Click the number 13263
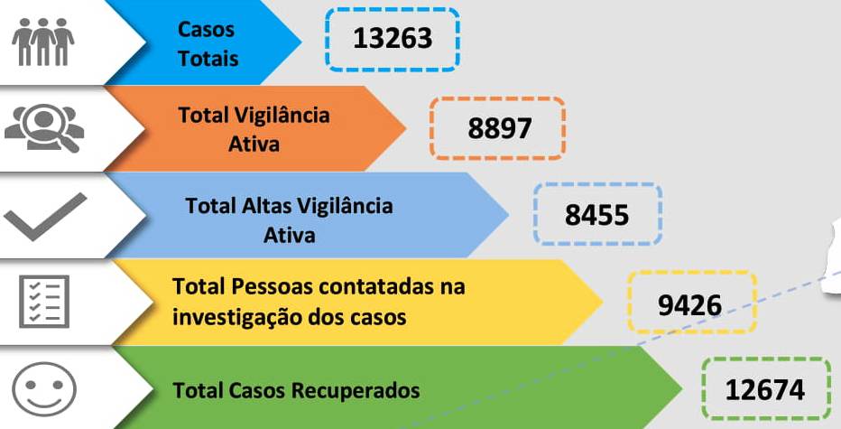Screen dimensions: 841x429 393,39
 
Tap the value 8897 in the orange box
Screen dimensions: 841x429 500,129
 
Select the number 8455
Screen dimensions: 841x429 597,215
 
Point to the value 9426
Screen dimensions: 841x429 690,305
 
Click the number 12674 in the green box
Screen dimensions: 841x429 765,390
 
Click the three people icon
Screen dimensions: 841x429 43,42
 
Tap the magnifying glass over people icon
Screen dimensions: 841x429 44,127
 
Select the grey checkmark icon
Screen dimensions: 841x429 45,217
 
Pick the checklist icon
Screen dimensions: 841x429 44,302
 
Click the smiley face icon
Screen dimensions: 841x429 44,388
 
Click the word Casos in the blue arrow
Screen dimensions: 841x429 206,29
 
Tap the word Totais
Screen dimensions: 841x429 208,58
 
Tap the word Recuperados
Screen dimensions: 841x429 356,391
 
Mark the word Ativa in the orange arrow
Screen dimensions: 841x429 254,144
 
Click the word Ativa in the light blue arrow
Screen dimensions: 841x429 289,235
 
